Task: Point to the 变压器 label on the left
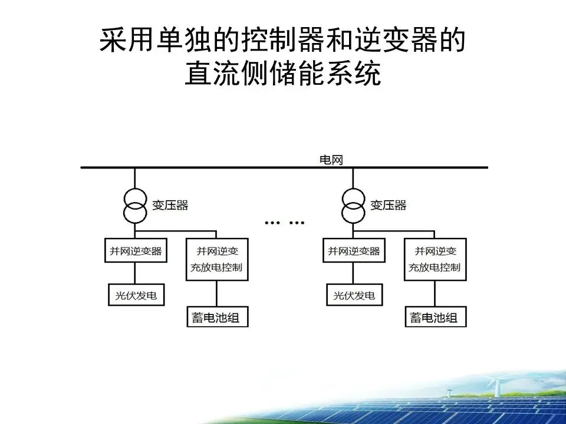[170, 206]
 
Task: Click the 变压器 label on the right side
[388, 206]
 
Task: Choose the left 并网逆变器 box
[135, 251]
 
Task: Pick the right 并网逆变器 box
[354, 251]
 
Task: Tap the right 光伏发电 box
[354, 294]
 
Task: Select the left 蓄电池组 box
[216, 317]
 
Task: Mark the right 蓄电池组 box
[435, 317]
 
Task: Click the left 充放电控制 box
[216, 259]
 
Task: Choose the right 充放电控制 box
[435, 259]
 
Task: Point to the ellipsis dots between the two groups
[285, 223]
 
